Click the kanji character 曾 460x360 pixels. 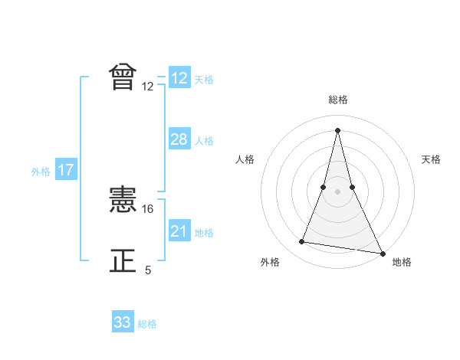[123, 77]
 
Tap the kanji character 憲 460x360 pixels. [123, 201]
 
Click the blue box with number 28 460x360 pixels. [179, 139]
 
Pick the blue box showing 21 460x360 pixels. [179, 231]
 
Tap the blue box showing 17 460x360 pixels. [65, 170]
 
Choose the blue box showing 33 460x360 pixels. [123, 322]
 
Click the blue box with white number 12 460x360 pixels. [179, 78]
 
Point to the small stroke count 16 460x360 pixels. [149, 208]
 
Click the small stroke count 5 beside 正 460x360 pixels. [148, 270]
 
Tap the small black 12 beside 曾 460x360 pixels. [148, 87]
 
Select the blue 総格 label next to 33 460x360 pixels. [147, 324]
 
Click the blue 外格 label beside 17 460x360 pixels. [41, 172]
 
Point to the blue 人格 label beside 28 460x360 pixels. [204, 141]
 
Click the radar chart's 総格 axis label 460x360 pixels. [338, 100]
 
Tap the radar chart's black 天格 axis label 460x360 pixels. [432, 159]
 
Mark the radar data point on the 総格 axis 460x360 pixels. [338, 129]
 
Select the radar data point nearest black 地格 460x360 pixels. [383, 254]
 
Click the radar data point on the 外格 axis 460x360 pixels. [302, 242]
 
